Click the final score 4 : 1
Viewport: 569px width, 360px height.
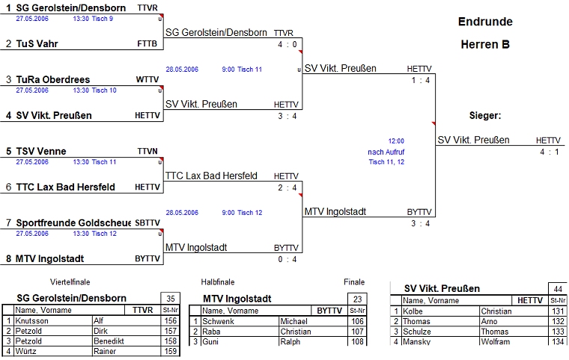pos(549,152)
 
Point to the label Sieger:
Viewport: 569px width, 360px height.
pos(484,116)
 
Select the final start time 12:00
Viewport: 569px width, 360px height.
pos(396,141)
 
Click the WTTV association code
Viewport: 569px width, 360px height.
pos(147,79)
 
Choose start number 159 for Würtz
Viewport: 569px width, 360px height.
pos(168,351)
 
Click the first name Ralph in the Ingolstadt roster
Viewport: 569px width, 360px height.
pos(290,342)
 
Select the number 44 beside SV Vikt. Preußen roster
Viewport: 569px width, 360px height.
pos(557,289)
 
